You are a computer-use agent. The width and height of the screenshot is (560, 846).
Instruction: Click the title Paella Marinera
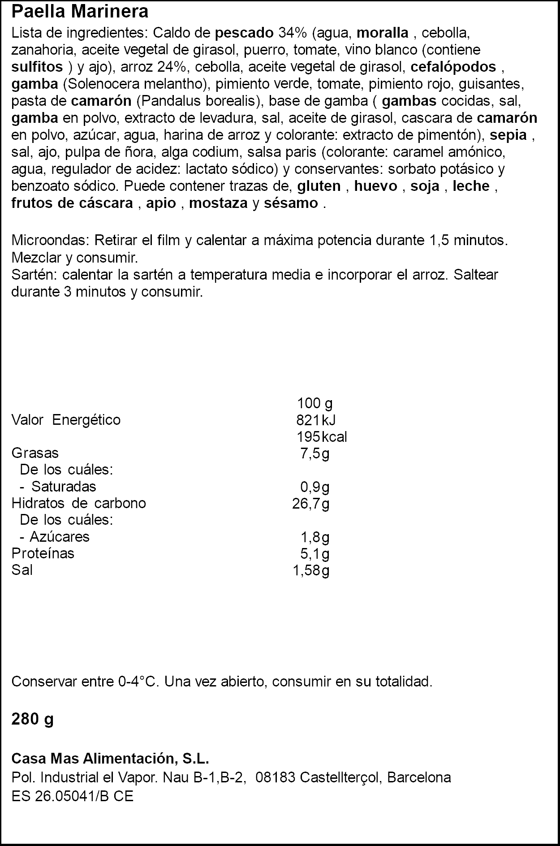(x=80, y=12)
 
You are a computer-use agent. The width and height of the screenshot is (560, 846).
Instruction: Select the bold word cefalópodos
(x=453, y=67)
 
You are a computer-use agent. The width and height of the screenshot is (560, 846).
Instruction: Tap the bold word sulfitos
(x=37, y=67)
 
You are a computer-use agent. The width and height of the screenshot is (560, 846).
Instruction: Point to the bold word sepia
(x=508, y=135)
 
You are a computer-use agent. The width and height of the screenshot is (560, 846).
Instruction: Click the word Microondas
(x=50, y=240)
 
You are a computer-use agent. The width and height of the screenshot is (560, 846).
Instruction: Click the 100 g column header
(x=314, y=403)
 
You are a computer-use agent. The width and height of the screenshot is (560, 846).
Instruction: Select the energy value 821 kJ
(x=316, y=420)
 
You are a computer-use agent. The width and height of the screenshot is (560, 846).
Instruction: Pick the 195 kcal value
(x=322, y=437)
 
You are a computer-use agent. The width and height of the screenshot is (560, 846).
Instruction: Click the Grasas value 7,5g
(x=314, y=453)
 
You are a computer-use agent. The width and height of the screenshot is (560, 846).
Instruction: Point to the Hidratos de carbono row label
(x=78, y=503)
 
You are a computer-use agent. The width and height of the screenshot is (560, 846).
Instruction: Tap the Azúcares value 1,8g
(x=314, y=537)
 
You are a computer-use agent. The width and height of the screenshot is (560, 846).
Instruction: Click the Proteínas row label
(x=43, y=553)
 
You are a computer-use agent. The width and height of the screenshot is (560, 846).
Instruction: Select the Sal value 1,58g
(x=311, y=570)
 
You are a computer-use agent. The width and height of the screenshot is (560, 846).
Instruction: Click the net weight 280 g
(x=32, y=720)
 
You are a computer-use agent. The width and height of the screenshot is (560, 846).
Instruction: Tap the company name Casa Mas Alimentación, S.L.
(x=110, y=759)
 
